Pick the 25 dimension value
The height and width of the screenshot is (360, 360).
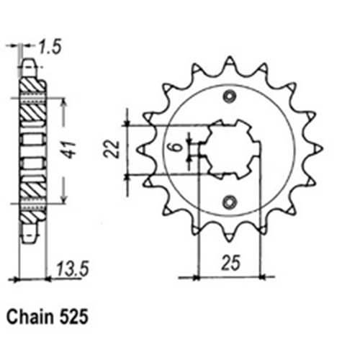click(x=230, y=263)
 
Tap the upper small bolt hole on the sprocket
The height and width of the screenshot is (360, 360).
click(x=230, y=97)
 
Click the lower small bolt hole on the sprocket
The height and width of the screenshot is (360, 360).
click(x=230, y=202)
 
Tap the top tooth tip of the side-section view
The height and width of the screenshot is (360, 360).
click(x=30, y=65)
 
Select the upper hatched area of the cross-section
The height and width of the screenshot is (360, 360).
click(x=30, y=101)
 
